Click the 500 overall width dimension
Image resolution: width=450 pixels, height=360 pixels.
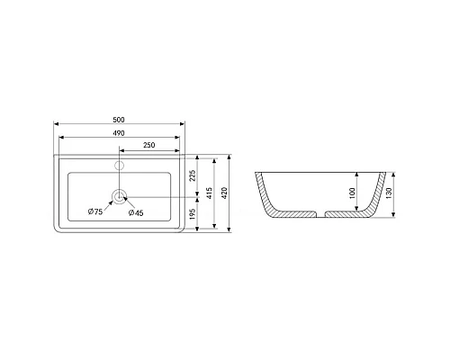[x=120, y=117]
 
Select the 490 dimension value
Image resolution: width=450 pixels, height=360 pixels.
[x=120, y=132]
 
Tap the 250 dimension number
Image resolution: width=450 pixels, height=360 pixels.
[x=150, y=145]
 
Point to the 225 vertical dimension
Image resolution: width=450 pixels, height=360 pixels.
[x=193, y=175]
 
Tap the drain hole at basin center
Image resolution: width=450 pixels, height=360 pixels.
[x=120, y=195]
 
